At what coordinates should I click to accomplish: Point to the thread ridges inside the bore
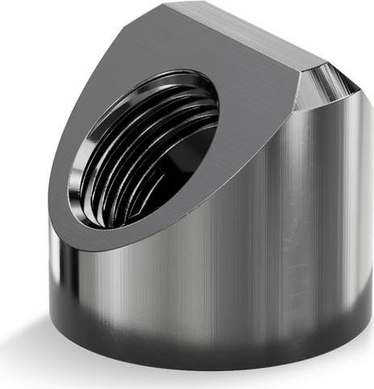click(162, 129)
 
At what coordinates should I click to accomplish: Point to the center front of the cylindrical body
click(202, 267)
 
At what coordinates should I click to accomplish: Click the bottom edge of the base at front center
click(202, 369)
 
